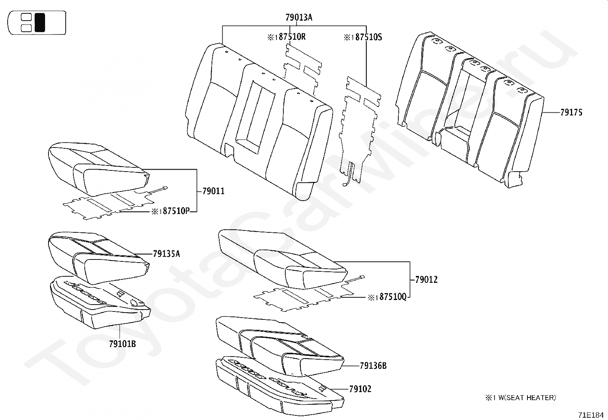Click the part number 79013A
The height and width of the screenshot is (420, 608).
click(299, 17)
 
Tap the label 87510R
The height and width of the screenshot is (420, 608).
click(289, 37)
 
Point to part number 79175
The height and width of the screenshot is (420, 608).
click(571, 112)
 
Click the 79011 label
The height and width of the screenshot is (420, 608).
click(213, 191)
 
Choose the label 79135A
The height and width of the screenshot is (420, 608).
click(166, 254)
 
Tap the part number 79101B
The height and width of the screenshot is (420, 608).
click(122, 344)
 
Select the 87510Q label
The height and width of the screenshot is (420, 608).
click(390, 297)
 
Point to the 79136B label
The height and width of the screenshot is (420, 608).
click(373, 366)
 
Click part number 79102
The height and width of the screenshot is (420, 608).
click(360, 389)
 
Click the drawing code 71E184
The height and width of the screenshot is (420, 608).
click(590, 415)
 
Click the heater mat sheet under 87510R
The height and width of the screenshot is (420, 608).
click(302, 67)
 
